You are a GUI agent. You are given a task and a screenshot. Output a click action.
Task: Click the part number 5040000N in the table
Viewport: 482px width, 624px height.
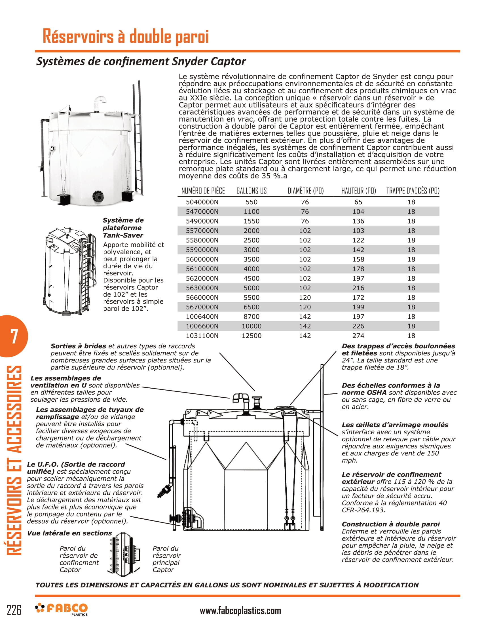tap(202, 202)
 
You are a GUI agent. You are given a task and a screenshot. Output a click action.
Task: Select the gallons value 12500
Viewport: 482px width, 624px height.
tap(251, 336)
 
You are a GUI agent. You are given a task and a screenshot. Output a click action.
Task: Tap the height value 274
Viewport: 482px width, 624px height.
tap(358, 336)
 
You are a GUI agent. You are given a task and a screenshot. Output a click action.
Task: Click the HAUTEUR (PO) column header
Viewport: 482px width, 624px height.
tap(358, 191)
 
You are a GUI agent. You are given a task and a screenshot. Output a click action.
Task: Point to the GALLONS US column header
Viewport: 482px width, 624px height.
tap(251, 191)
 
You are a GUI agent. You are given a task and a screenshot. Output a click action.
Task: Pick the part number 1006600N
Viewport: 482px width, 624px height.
tap(202, 326)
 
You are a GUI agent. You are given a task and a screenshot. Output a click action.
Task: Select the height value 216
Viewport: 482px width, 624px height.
tap(358, 288)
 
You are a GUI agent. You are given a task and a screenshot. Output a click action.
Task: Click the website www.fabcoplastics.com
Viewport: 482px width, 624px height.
tap(240, 611)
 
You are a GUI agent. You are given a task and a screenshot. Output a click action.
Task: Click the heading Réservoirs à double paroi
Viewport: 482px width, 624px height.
tap(126, 36)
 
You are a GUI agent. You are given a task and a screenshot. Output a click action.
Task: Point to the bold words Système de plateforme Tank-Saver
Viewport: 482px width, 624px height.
tap(123, 228)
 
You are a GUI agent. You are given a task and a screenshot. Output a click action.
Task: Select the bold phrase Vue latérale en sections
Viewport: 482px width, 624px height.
tap(69, 533)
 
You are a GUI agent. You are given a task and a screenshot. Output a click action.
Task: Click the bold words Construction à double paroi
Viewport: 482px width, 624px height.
tap(390, 524)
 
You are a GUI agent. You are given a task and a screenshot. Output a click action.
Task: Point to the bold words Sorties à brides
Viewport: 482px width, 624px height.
tap(78, 346)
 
